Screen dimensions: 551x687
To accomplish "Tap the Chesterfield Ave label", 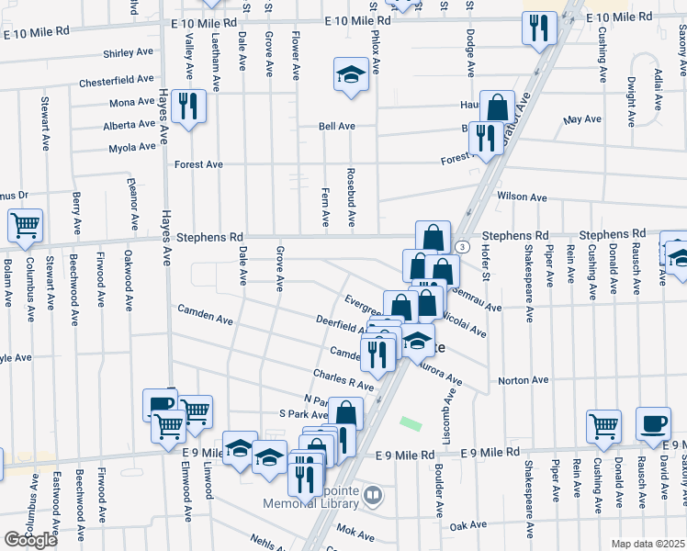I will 117,79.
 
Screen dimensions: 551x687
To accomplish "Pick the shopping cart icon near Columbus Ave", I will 26,224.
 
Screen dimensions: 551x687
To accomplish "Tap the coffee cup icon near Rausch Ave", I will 653,422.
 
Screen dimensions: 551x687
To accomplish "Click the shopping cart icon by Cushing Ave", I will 603,424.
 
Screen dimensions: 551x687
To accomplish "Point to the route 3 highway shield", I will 462,247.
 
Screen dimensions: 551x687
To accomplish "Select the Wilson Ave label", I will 522,197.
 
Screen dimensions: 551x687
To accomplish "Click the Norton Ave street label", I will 523,379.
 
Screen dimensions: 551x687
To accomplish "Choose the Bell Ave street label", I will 336,127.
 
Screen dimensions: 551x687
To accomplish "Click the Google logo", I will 30,541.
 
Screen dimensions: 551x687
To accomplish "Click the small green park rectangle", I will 411,425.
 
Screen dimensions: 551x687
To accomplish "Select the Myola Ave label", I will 131,148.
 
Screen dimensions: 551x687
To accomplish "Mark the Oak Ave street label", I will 467,525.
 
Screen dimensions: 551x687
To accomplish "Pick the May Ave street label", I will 582,119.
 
